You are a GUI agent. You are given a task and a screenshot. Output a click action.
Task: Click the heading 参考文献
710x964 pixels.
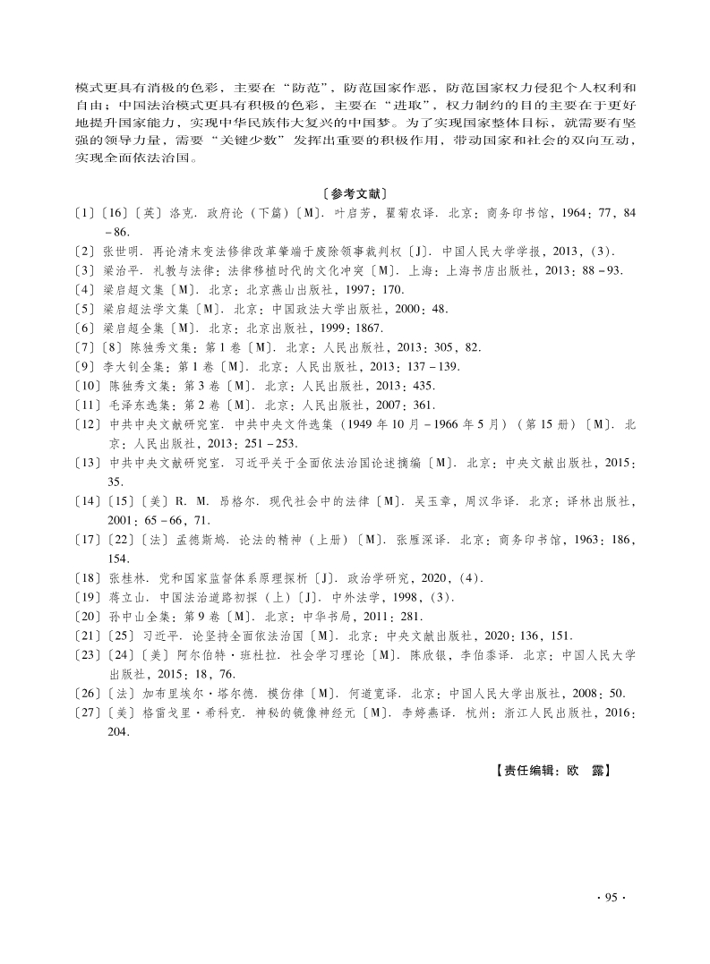tap(355, 192)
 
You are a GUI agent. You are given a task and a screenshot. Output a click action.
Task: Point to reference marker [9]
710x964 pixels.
tap(86, 366)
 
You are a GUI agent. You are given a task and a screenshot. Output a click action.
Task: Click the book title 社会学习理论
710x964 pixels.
tap(311, 655)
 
